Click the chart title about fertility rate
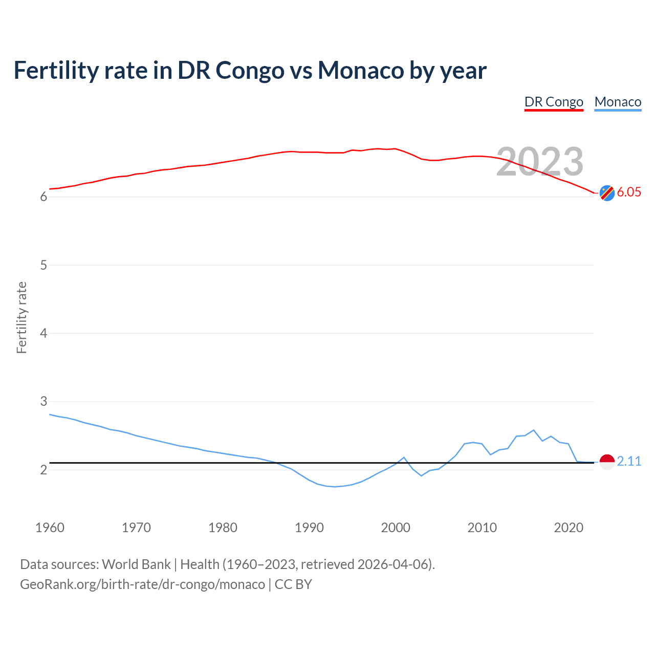pos(250,70)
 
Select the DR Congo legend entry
pos(554,102)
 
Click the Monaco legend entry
pos(618,102)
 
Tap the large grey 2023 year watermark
pos(540,162)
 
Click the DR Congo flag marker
pos(607,193)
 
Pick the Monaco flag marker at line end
pos(607,462)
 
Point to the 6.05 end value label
pos(629,192)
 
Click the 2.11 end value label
pos(629,461)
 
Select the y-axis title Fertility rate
pos(21,317)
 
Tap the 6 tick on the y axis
pos(43,197)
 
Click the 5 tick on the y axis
pos(43,265)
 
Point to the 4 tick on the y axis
pos(43,333)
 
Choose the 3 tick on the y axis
pos(43,402)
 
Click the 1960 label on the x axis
pos(50,528)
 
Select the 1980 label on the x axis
pos(223,528)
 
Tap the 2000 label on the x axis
pos(396,528)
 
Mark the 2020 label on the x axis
pos(569,528)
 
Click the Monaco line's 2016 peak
pos(534,430)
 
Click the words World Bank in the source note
pos(136,564)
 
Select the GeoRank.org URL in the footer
pos(142,584)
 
